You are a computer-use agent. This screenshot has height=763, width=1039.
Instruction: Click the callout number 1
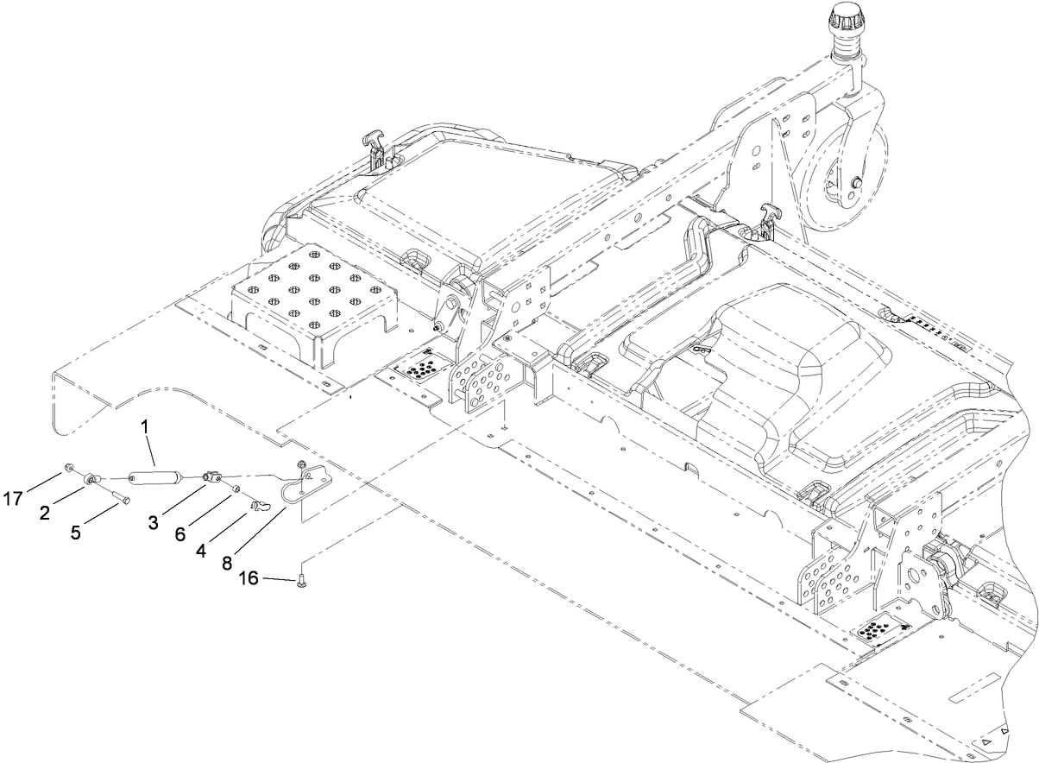(146, 426)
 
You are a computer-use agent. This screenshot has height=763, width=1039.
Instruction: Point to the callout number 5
(76, 533)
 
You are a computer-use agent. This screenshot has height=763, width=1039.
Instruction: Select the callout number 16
(249, 579)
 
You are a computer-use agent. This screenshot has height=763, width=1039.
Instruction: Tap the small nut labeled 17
(66, 470)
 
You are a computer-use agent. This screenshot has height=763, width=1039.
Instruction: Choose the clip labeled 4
(256, 503)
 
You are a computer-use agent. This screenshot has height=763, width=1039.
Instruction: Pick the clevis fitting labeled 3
(212, 476)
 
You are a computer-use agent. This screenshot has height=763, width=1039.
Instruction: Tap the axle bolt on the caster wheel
(855, 182)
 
